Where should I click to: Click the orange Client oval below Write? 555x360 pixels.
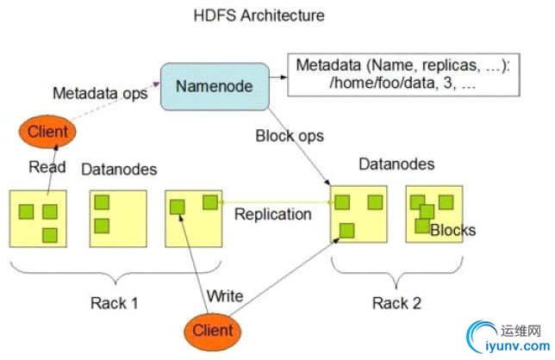click(212, 330)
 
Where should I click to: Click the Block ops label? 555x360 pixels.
click(290, 135)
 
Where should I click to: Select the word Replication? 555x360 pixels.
click(272, 214)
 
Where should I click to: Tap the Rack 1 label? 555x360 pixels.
click(115, 302)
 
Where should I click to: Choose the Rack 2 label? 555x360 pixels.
click(396, 302)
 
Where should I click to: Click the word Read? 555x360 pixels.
click(47, 168)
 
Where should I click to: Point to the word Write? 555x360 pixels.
click(224, 296)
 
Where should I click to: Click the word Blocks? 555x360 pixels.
click(452, 230)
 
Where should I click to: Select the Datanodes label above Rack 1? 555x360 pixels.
click(120, 170)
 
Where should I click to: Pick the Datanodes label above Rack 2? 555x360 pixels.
click(397, 164)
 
